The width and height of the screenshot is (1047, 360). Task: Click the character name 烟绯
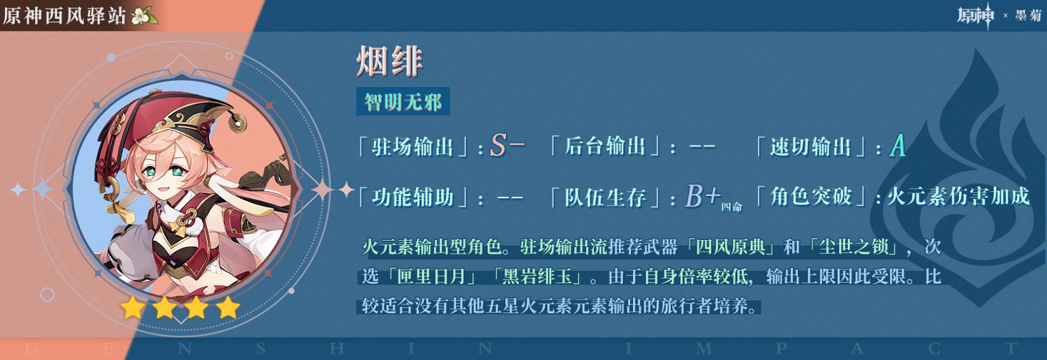pyautogui.click(x=389, y=61)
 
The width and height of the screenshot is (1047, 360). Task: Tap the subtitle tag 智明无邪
pyautogui.click(x=403, y=103)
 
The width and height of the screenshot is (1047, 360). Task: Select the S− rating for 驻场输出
pyautogui.click(x=507, y=146)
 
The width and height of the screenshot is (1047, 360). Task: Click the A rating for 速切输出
pyautogui.click(x=898, y=146)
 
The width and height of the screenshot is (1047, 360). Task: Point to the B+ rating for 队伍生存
pyautogui.click(x=702, y=197)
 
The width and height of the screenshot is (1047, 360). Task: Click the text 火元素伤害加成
pyautogui.click(x=958, y=197)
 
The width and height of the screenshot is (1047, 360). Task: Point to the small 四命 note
pyautogui.click(x=731, y=206)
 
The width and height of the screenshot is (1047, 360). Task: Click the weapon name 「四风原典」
pyautogui.click(x=734, y=247)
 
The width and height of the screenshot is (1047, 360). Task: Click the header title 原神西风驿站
pyautogui.click(x=66, y=15)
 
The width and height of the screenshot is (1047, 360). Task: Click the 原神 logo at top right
pyautogui.click(x=974, y=15)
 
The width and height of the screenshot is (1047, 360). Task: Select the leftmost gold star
pyautogui.click(x=133, y=307)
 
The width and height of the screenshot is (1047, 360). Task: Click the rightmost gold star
pyautogui.click(x=228, y=307)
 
